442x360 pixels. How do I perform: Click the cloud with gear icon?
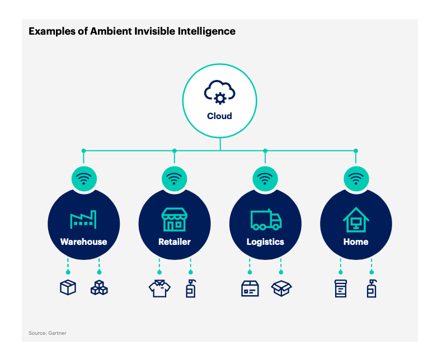219,92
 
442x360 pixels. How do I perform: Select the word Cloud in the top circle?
219,116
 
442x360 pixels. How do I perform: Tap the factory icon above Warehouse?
83,219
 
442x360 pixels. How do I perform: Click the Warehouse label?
84,241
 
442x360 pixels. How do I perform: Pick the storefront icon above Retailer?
175,220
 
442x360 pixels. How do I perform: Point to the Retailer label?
175,241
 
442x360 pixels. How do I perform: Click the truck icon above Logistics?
266,220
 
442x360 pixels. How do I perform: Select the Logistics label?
265,242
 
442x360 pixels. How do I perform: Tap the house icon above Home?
356,220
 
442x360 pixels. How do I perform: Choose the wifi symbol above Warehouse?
84,179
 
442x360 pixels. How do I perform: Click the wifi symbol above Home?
356,179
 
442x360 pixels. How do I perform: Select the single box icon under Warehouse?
68,287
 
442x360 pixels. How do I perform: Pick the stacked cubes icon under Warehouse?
99,287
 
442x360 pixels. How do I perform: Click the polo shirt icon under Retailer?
159,288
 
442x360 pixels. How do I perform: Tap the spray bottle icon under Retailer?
191,288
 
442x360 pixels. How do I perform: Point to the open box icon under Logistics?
281,288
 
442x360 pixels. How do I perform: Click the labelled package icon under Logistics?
250,288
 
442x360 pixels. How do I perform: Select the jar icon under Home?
341,288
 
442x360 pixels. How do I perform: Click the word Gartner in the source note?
57,333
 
